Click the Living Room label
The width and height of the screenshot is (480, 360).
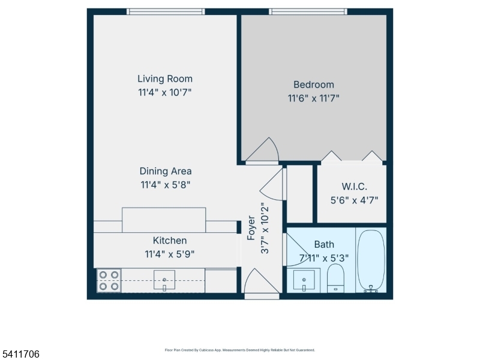165,79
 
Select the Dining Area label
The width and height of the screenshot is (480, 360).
165,172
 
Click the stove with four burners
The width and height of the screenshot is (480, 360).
109,281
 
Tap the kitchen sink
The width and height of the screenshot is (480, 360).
164,280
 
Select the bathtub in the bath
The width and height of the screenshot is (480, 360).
370,261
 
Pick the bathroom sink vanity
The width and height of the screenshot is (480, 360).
304,280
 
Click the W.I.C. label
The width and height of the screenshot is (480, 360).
354,187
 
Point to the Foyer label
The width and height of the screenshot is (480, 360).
251,228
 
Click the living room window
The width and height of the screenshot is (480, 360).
166,11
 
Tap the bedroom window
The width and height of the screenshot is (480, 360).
308,11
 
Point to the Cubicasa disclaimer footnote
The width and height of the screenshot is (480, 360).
239,350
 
